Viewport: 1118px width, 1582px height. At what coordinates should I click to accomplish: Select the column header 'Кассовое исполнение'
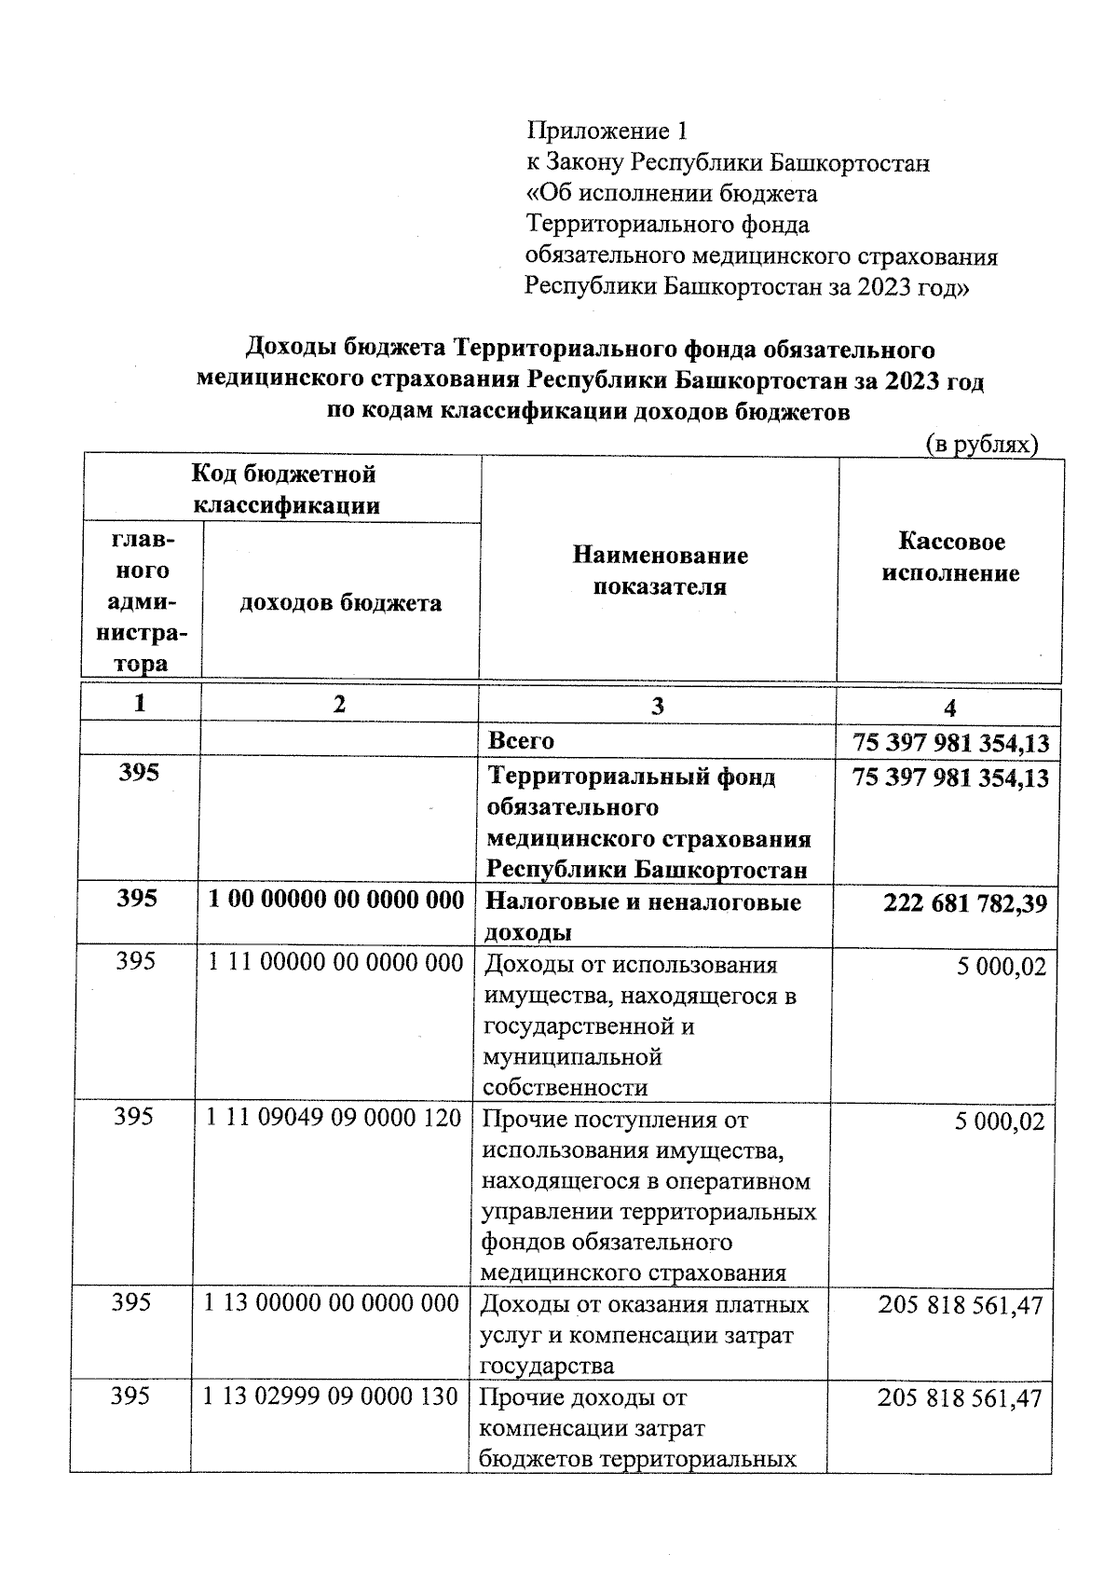pyautogui.click(x=950, y=557)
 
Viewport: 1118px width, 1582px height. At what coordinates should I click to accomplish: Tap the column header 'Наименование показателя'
pyautogui.click(x=660, y=571)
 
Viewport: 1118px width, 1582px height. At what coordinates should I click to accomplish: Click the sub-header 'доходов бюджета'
pyautogui.click(x=340, y=603)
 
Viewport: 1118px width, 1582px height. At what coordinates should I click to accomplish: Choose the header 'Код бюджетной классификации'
pyautogui.click(x=284, y=489)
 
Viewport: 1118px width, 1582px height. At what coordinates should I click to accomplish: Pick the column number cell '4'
pyautogui.click(x=949, y=708)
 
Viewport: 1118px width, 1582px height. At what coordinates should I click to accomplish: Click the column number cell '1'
pyautogui.click(x=140, y=704)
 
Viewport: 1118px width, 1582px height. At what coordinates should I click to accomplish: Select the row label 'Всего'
pyautogui.click(x=521, y=741)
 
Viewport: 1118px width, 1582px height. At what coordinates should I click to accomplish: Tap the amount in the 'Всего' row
pyautogui.click(x=950, y=743)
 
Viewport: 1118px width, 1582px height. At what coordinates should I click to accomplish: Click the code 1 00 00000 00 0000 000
pyautogui.click(x=335, y=900)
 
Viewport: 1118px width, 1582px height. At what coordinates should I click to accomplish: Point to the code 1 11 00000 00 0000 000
pyautogui.click(x=335, y=962)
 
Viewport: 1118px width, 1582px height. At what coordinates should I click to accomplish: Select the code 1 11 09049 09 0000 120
pyautogui.click(x=334, y=1117)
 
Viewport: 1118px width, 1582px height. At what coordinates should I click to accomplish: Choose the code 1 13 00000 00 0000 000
pyautogui.click(x=332, y=1302)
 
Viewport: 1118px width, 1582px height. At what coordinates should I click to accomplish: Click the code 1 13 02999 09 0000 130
pyautogui.click(x=331, y=1396)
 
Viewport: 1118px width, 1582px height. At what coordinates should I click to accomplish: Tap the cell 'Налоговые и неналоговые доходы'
pyautogui.click(x=643, y=916)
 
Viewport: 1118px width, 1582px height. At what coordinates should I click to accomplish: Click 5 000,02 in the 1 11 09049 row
pyautogui.click(x=1000, y=1121)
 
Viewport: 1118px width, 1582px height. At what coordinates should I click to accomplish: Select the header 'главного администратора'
pyautogui.click(x=141, y=601)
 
